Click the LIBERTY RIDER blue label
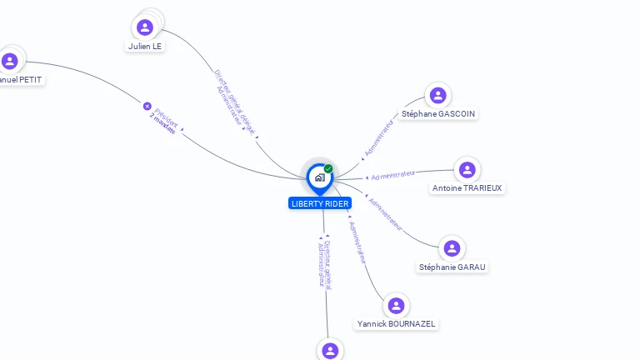click(x=320, y=203)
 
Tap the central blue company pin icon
click(x=319, y=177)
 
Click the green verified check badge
click(x=328, y=169)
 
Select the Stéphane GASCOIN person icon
click(x=437, y=95)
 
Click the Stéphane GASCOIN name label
click(x=439, y=113)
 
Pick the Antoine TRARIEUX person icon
click(x=467, y=170)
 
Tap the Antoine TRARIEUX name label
click(x=467, y=188)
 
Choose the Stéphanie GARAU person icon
click(x=452, y=248)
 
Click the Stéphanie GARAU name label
click(x=452, y=267)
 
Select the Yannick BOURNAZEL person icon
click(x=396, y=306)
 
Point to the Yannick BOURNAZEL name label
click(x=396, y=323)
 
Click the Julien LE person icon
click(x=145, y=27)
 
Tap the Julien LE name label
click(x=145, y=47)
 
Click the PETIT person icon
click(x=10, y=61)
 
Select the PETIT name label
click(x=21, y=80)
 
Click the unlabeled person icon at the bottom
click(x=330, y=350)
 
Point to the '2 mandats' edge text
click(x=163, y=130)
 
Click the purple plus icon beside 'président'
click(x=147, y=106)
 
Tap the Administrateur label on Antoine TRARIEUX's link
click(x=393, y=175)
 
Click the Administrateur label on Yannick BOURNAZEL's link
click(x=357, y=242)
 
